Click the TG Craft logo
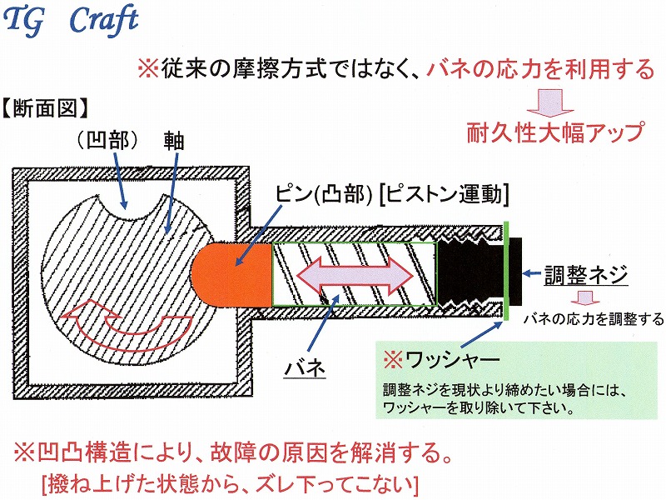71,20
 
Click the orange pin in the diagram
231,274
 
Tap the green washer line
506,272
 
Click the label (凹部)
108,140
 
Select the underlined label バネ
305,367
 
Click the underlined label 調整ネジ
586,275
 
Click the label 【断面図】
46,109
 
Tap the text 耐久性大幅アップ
555,132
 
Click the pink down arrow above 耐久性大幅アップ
550,102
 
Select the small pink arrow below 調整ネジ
585,298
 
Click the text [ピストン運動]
444,195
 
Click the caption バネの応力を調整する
594,318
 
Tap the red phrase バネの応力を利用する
540,69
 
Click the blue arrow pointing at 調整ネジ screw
532,273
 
